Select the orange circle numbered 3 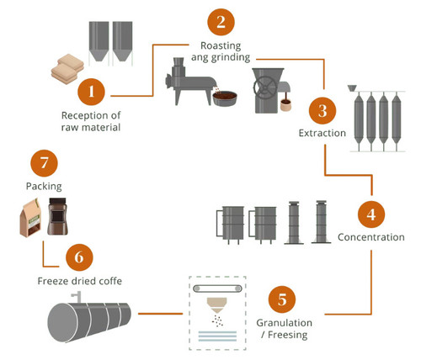pyautogui.click(x=321, y=111)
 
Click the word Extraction pyautogui.click(x=321, y=134)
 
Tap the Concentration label pyautogui.click(x=371, y=236)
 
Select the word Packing pyautogui.click(x=43, y=184)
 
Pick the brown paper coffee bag pyautogui.click(x=33, y=218)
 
